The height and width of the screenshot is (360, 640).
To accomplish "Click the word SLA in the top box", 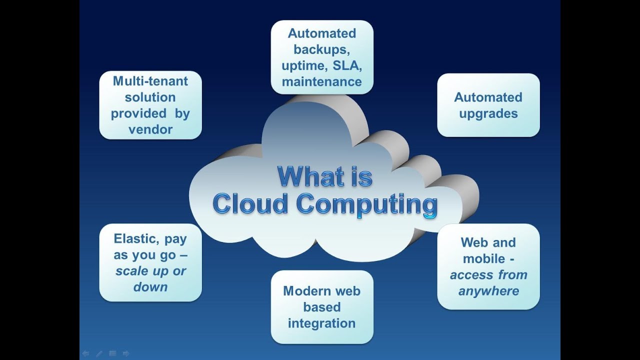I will [x=346, y=65].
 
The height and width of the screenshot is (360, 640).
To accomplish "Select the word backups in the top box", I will [x=320, y=49].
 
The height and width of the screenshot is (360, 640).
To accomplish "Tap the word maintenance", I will [x=321, y=81].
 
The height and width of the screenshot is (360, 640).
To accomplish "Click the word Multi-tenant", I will [x=150, y=81].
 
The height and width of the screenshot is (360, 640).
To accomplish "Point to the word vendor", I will [x=150, y=129].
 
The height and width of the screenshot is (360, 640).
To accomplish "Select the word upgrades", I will [x=488, y=113].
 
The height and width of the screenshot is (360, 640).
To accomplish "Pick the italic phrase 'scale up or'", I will [x=150, y=271].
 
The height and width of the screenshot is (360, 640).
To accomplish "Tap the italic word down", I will [x=150, y=287].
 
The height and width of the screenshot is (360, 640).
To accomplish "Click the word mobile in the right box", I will [x=484, y=259].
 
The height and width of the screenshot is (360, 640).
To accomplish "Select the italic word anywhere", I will [x=488, y=291].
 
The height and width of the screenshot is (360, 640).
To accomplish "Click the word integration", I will [x=321, y=323].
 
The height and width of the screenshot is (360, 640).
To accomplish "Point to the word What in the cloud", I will [x=310, y=176].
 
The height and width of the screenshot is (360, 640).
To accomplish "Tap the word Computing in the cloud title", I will [x=366, y=204].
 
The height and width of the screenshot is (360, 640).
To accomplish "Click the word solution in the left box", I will [x=150, y=97].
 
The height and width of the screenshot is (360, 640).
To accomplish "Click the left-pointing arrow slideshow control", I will [x=85, y=353].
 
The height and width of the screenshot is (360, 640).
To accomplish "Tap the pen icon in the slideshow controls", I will [x=99, y=353].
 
